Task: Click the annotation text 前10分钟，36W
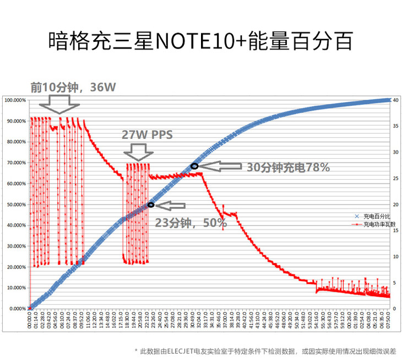(x=74, y=87)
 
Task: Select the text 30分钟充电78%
(x=288, y=167)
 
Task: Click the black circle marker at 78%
(x=194, y=166)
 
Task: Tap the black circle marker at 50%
(x=151, y=205)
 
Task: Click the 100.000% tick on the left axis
(x=15, y=100)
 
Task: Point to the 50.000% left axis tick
(x=15, y=205)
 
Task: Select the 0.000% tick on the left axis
(x=17, y=309)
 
